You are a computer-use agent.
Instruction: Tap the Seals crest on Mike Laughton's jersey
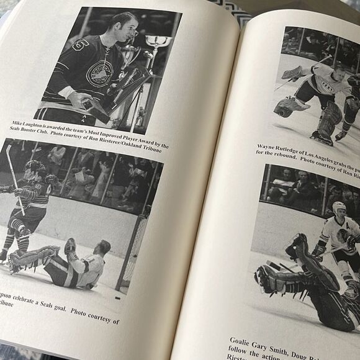click(x=99, y=74)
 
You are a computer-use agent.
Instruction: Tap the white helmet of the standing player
click(x=338, y=207)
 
